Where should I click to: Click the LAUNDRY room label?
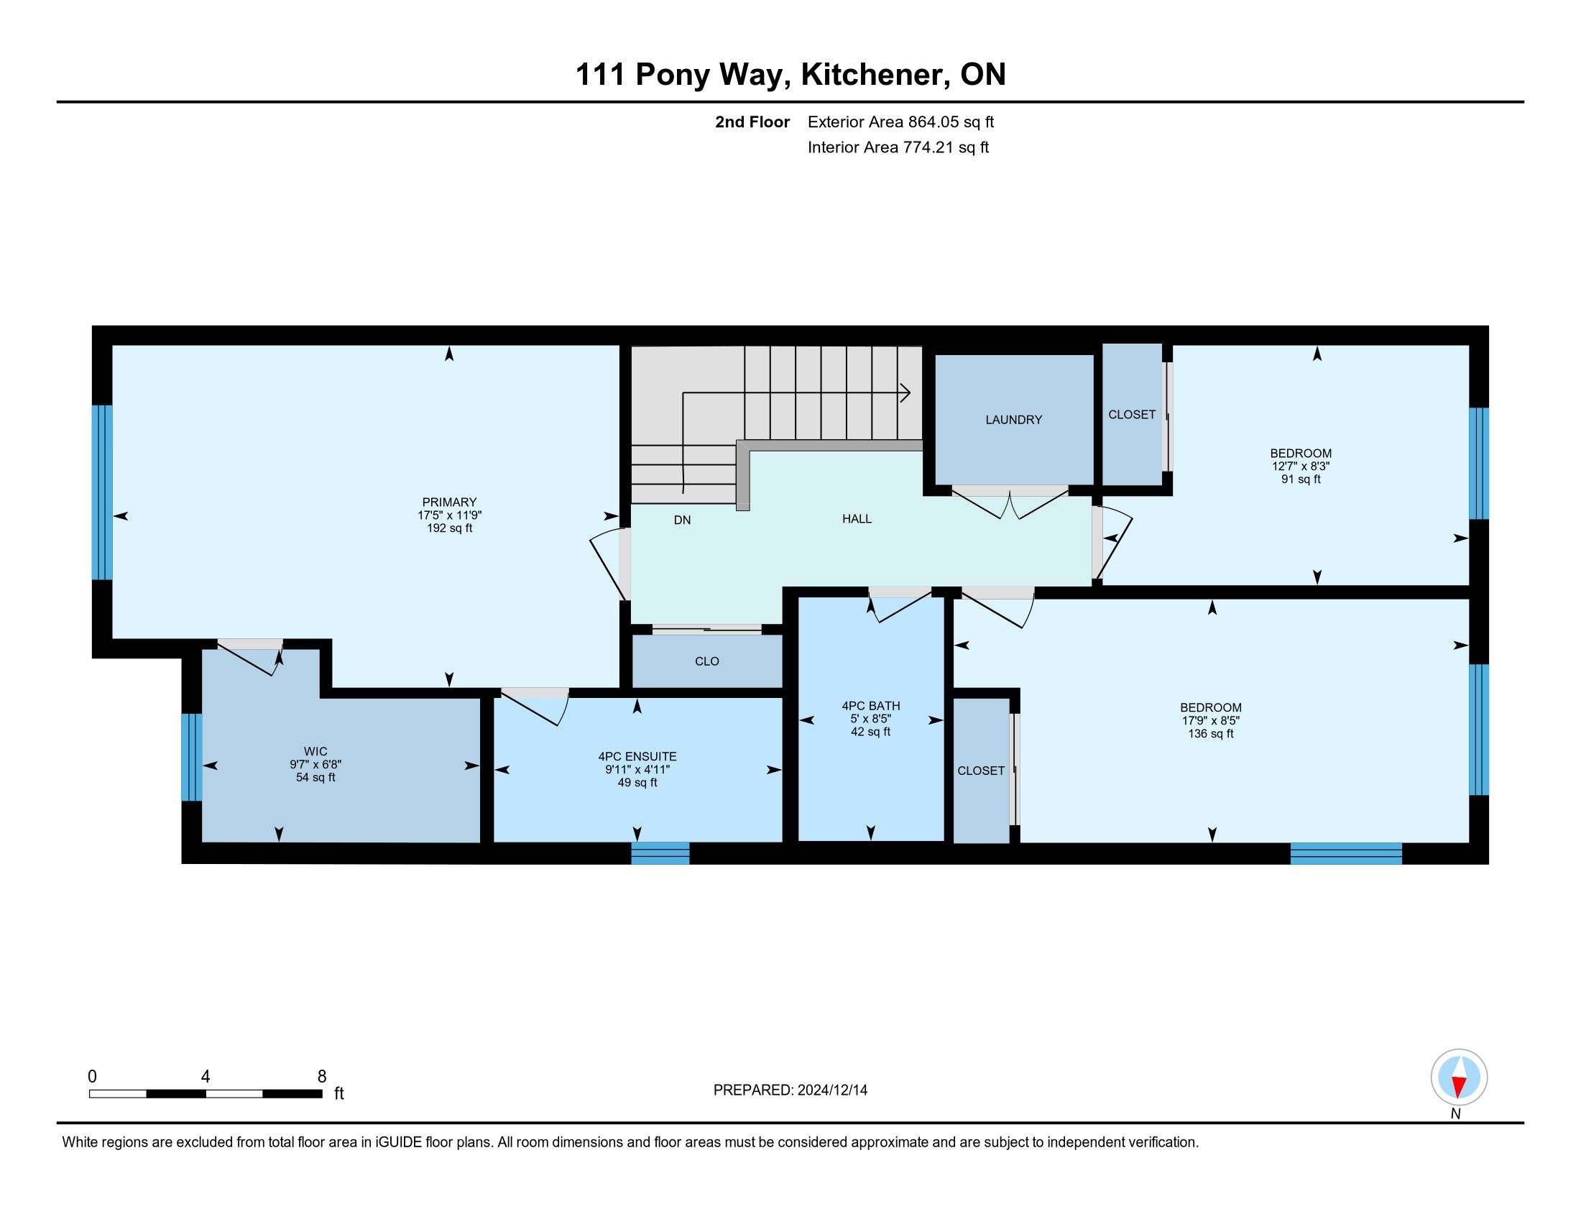tap(1013, 420)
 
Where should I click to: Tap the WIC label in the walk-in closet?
tap(315, 752)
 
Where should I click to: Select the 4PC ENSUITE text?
tap(637, 756)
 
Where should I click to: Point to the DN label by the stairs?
tap(682, 520)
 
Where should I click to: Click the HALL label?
tap(857, 519)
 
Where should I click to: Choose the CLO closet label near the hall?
tap(706, 661)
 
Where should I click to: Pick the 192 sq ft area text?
tap(450, 528)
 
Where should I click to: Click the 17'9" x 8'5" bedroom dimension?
tap(1210, 721)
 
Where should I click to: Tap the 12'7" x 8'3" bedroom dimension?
tap(1301, 467)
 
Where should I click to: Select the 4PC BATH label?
tap(871, 706)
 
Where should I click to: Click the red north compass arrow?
tap(1460, 1087)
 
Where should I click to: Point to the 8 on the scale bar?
tap(322, 1077)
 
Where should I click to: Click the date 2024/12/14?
tap(831, 1090)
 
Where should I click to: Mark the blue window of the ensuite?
tap(660, 853)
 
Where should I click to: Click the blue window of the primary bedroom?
tap(103, 492)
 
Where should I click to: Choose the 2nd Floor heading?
tap(752, 122)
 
